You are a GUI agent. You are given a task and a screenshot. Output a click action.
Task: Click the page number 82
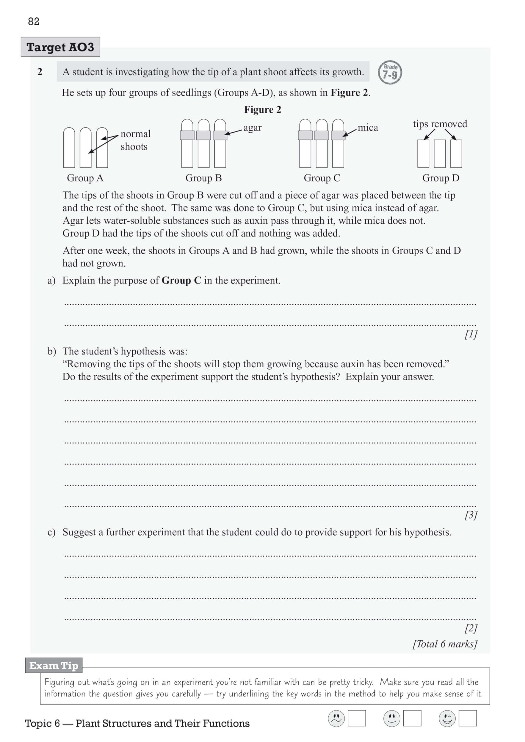click(34, 21)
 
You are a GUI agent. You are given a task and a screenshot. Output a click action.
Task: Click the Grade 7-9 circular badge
click(390, 72)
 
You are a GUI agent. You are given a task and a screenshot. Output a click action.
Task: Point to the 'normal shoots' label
click(135, 140)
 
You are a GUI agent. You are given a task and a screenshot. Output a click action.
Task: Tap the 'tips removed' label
click(440, 124)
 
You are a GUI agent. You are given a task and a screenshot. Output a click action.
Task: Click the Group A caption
click(85, 178)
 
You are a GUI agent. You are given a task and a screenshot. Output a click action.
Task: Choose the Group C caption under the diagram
click(322, 178)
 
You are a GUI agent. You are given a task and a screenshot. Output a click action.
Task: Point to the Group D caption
click(441, 178)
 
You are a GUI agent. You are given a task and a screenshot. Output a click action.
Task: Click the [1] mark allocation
click(471, 334)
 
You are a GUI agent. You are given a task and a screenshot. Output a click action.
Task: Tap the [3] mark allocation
click(471, 515)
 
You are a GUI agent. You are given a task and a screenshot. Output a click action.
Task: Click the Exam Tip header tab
click(54, 665)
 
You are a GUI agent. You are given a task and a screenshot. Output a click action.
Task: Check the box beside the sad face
click(357, 718)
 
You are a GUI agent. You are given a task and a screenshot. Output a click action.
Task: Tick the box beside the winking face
click(467, 718)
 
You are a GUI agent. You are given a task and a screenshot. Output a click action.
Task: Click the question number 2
click(40, 72)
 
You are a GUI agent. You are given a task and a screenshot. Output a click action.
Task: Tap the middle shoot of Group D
click(440, 154)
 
